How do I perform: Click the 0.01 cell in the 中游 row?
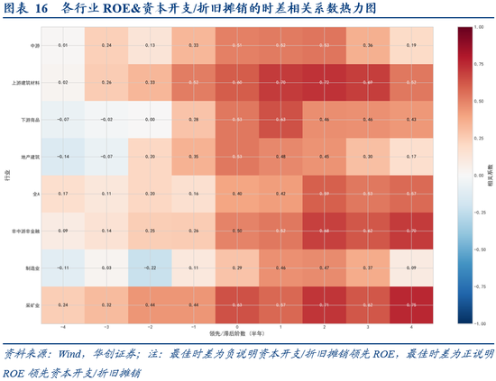coord(62,44)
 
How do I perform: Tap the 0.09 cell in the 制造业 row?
coord(411,268)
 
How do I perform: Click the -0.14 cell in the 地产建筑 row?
coord(62,156)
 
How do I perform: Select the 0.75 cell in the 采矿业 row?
coord(411,305)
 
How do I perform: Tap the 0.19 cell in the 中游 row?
coord(411,44)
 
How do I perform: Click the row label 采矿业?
coord(34,305)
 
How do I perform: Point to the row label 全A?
coord(37,194)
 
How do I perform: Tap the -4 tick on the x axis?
coord(62,328)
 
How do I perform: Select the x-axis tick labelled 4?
coord(411,328)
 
